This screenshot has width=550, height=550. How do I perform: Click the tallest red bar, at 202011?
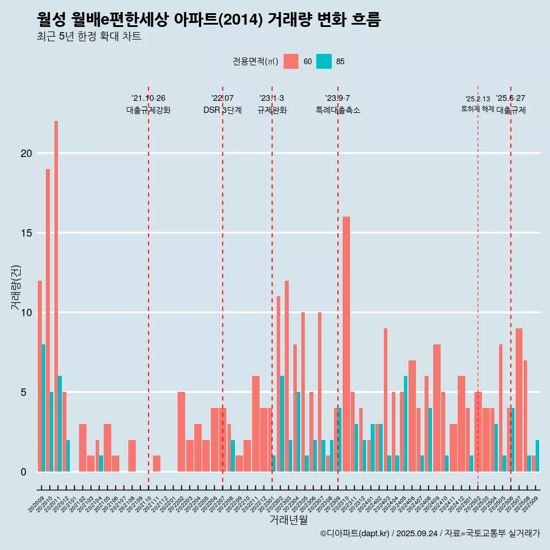56,296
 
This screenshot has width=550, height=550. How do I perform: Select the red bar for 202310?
347,344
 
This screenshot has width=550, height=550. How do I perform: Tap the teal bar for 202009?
44,408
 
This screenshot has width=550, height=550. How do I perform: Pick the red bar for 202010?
48,320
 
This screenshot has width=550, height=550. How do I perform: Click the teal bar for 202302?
282,424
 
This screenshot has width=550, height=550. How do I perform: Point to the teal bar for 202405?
406,424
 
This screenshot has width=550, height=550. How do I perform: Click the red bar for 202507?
519,400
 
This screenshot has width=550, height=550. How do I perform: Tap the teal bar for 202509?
537,456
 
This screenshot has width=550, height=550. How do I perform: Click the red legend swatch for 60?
291,61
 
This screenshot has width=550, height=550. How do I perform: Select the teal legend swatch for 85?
324,61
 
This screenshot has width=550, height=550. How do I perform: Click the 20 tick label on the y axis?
25,154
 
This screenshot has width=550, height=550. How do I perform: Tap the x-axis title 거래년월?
289,520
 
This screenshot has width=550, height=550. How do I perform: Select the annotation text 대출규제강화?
148,110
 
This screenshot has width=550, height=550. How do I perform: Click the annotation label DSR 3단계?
222,110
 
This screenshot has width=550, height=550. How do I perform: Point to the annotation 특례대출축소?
338,110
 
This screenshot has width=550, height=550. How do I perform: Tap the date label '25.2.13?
477,99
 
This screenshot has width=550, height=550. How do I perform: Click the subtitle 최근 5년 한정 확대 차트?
89,36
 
